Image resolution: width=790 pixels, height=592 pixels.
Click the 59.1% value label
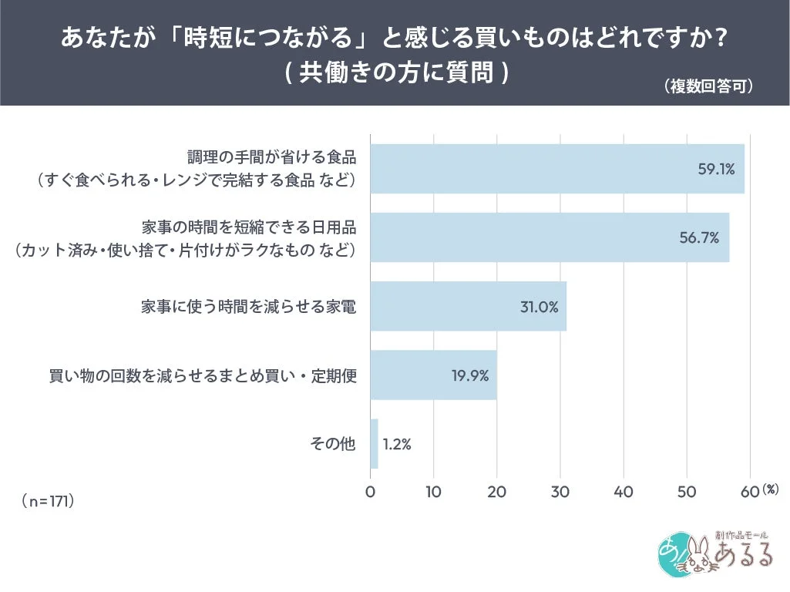[x=716, y=169]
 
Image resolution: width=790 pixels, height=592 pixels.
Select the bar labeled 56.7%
[x=549, y=237]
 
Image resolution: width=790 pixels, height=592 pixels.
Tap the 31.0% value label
[x=538, y=306]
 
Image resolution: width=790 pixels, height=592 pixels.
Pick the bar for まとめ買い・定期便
[x=433, y=375]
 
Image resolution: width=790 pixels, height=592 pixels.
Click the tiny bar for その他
[x=374, y=443]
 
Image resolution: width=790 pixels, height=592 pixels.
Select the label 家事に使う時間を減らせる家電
[x=248, y=306]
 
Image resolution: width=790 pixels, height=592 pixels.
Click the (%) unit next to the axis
[x=771, y=489]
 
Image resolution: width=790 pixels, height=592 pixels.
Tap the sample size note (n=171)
[x=48, y=501]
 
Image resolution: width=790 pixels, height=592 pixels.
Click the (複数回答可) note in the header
[x=708, y=86]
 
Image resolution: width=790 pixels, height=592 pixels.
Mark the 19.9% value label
[x=469, y=375]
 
